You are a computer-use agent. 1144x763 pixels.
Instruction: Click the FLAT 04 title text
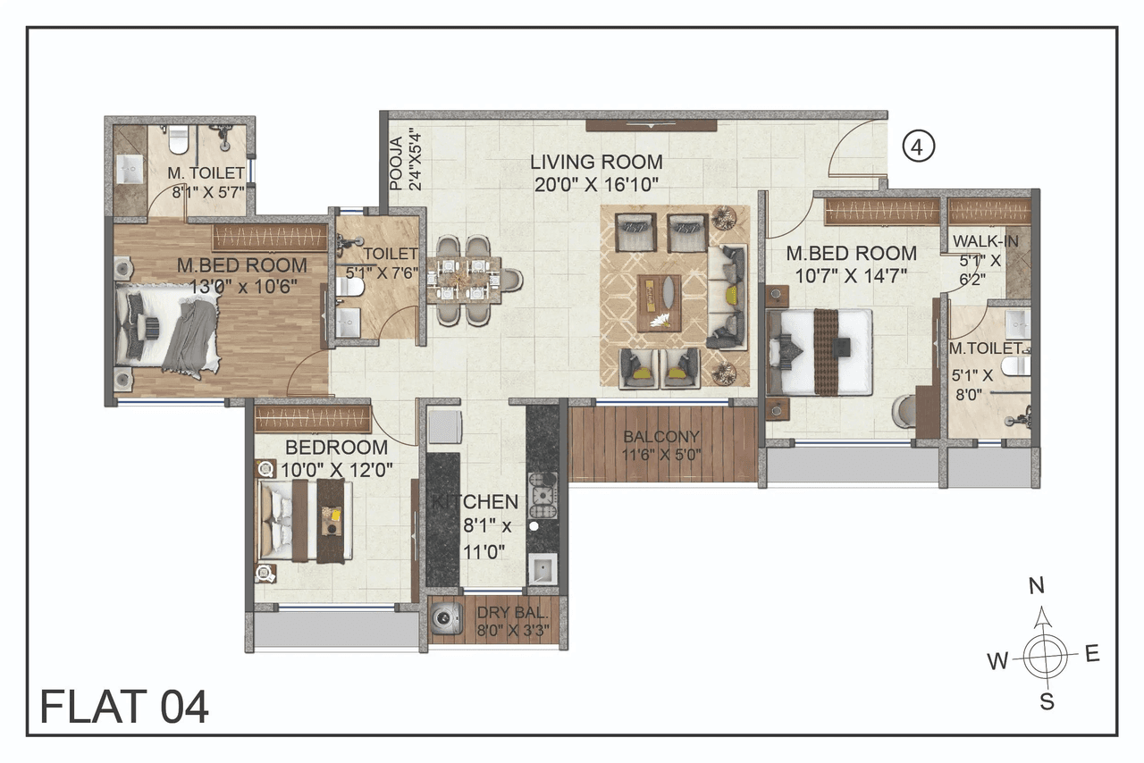click(x=124, y=706)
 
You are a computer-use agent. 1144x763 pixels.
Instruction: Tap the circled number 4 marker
click(x=918, y=147)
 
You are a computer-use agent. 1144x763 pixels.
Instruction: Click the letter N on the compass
click(x=1037, y=586)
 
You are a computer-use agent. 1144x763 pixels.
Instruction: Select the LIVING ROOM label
click(x=596, y=163)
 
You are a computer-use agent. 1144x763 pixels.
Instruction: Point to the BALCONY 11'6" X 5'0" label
click(x=661, y=444)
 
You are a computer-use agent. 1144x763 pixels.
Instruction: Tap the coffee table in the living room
click(x=659, y=302)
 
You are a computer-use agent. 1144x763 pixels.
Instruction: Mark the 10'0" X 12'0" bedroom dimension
click(x=336, y=467)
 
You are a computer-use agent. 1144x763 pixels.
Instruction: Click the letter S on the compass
click(x=1047, y=702)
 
